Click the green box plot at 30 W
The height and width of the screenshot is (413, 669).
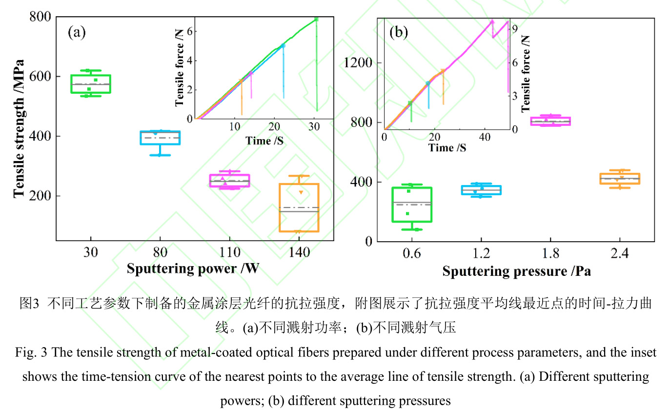click(x=91, y=83)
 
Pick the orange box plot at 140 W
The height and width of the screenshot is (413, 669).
click(x=299, y=207)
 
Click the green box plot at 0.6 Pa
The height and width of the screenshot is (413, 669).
click(x=412, y=204)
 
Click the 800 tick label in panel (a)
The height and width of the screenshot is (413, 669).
click(x=40, y=17)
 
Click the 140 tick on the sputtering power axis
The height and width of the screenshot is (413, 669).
click(x=299, y=253)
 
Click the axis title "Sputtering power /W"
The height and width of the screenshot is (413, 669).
click(x=194, y=269)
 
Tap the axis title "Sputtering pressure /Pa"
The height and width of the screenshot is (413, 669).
click(x=516, y=271)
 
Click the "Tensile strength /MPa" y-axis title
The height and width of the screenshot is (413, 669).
click(x=19, y=128)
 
